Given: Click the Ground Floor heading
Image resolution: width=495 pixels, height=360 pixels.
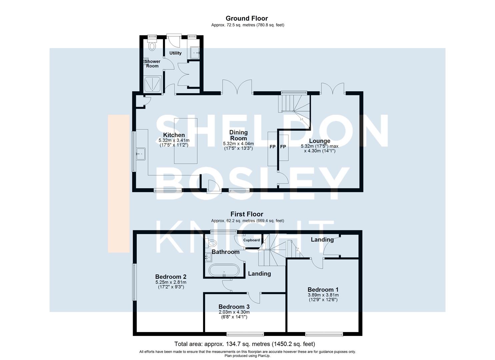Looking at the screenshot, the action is pyautogui.click(x=247, y=18).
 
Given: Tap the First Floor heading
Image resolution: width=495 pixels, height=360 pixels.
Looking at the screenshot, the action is pyautogui.click(x=247, y=214).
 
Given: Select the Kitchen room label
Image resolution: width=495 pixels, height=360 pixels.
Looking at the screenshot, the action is pyautogui.click(x=174, y=135).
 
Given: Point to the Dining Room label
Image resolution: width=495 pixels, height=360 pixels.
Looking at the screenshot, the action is pyautogui.click(x=238, y=135).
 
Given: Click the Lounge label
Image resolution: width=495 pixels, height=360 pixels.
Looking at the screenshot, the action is pyautogui.click(x=320, y=141).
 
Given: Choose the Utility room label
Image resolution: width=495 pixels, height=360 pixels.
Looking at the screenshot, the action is pyautogui.click(x=175, y=53).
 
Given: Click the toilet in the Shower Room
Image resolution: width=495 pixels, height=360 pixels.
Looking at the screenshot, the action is pyautogui.click(x=152, y=45).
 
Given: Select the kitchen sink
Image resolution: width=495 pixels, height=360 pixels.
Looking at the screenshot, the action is pyautogui.click(x=141, y=154).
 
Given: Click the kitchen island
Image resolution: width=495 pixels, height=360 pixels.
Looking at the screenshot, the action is pyautogui.click(x=186, y=141).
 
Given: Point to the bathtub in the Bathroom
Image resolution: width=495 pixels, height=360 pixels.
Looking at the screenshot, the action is pyautogui.click(x=224, y=270).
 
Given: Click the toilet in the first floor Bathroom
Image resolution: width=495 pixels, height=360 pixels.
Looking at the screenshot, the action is pyautogui.click(x=211, y=243).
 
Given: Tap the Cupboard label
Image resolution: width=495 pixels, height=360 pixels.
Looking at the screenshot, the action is pyautogui.click(x=251, y=240).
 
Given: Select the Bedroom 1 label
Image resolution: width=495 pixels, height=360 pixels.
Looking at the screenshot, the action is pyautogui.click(x=323, y=290).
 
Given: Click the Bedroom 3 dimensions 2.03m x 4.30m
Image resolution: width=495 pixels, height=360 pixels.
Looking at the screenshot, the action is pyautogui.click(x=234, y=312).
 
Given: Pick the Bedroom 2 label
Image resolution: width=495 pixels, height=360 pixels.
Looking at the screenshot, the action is pyautogui.click(x=171, y=277).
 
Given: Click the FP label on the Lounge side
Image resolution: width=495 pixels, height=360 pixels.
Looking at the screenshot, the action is pyautogui.click(x=283, y=147).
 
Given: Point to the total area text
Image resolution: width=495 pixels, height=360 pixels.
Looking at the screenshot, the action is pyautogui.click(x=245, y=344).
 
